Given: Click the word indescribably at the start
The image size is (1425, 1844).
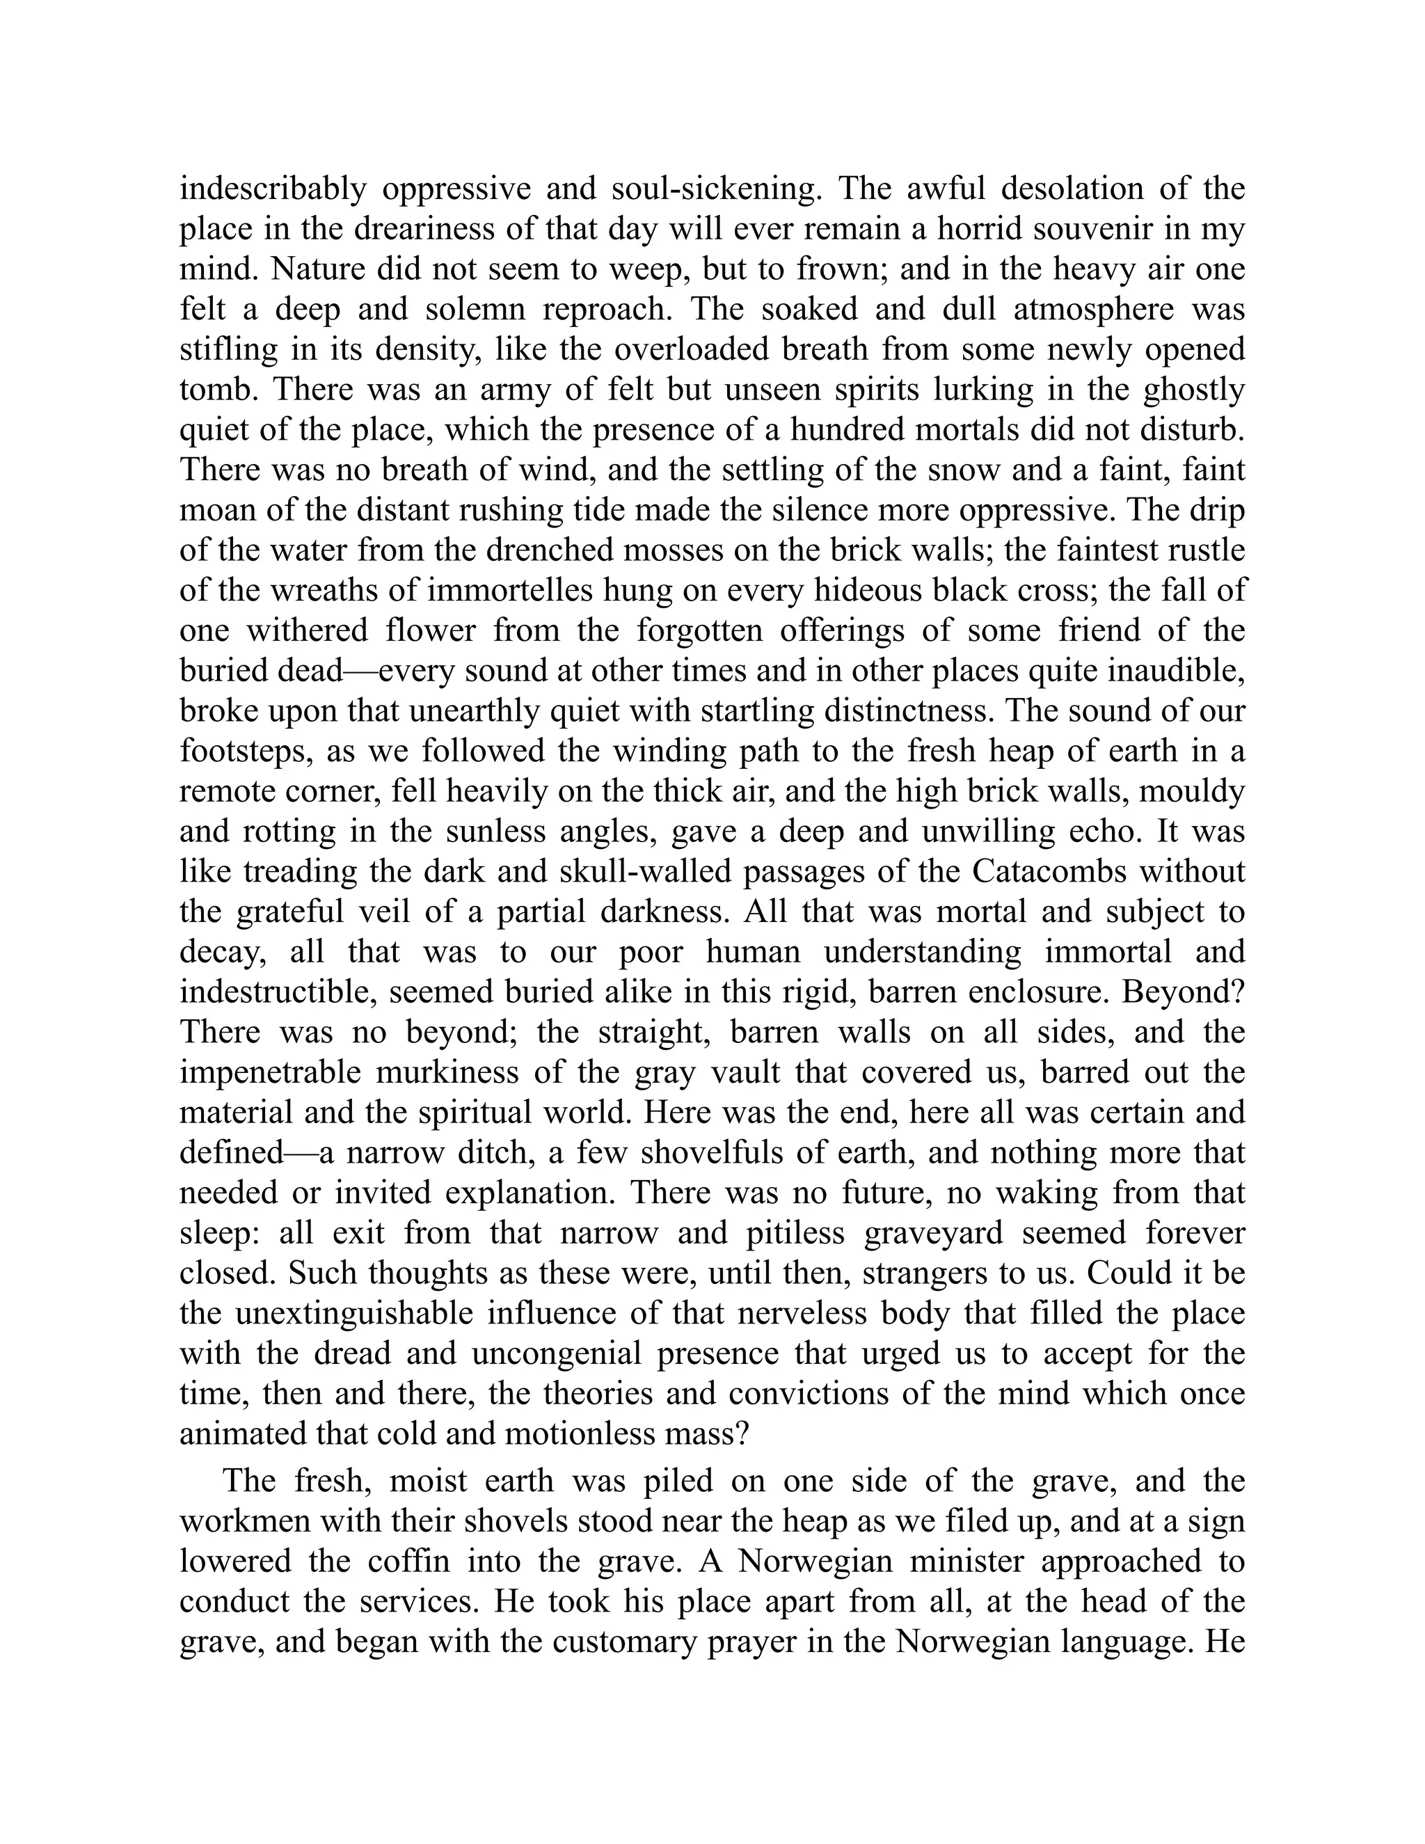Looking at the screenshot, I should click(x=273, y=189).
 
